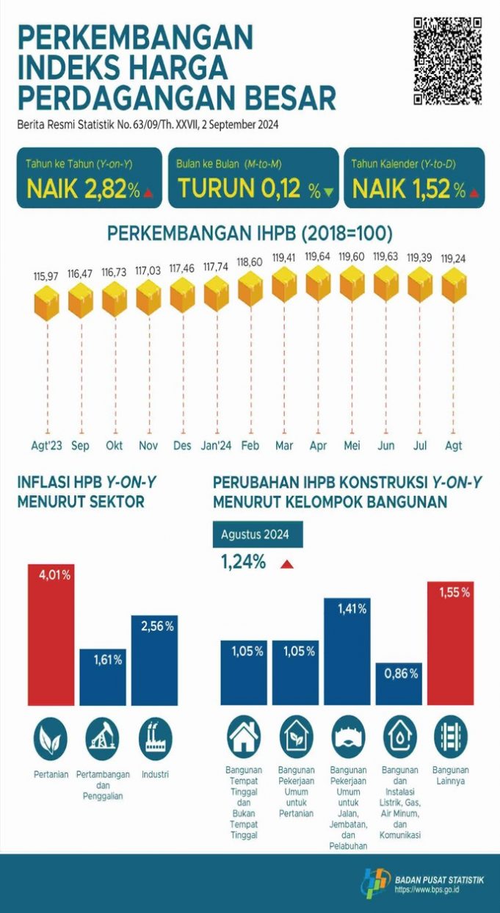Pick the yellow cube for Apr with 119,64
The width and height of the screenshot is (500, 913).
(x=318, y=284)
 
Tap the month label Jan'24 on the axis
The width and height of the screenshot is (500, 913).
(x=218, y=446)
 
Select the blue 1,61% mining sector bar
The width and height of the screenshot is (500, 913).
(x=103, y=676)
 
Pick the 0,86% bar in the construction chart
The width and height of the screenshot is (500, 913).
(x=398, y=684)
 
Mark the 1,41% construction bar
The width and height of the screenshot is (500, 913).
(x=347, y=651)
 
